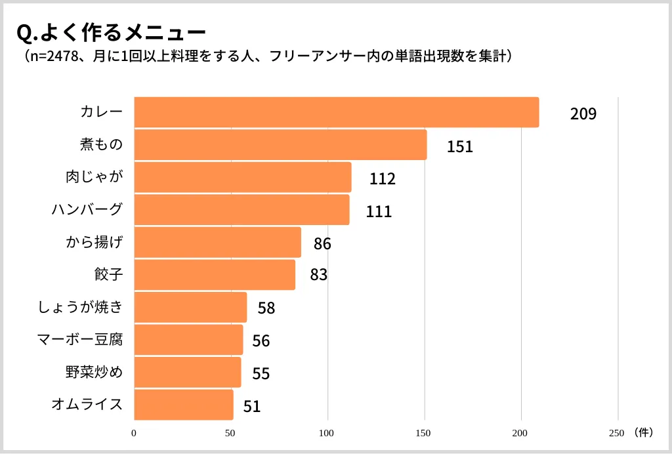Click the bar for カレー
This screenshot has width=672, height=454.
336,112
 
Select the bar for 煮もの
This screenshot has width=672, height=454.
280,145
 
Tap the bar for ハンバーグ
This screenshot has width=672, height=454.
241,210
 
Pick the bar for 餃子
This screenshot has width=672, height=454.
215,275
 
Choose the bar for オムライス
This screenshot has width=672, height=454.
184,405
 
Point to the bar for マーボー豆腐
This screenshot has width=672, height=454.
188,340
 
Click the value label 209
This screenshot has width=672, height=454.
583,114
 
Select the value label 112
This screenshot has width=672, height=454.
382,179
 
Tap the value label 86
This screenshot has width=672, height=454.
322,244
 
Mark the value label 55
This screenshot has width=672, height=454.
261,374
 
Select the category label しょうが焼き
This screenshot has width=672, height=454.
81,307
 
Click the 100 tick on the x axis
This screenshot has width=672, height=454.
327,433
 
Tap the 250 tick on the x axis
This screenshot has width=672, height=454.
616,433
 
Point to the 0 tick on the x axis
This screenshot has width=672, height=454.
134,433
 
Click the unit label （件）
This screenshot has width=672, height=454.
644,432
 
